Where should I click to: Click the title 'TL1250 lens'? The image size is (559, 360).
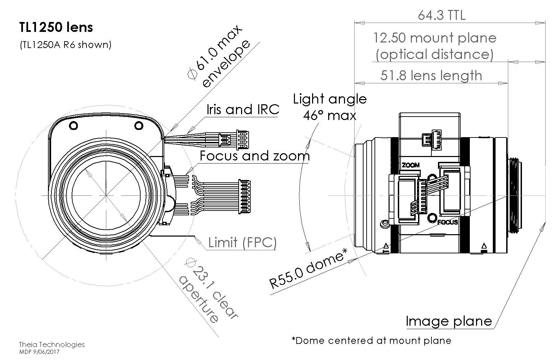coord(56,27)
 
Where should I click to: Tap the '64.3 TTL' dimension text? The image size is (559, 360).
coord(441,15)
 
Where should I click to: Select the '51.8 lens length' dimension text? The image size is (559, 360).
coord(431,75)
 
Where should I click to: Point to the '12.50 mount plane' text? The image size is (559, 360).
coord(435,38)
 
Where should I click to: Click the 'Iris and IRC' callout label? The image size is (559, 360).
coord(242,109)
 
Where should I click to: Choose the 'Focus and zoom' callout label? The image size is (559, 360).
coord(254,156)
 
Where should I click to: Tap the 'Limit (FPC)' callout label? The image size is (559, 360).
coord(242,243)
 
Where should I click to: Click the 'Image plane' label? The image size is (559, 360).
coord(449,321)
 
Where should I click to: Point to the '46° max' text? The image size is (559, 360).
coord(330,115)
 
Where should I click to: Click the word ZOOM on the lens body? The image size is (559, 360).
coord(411,165)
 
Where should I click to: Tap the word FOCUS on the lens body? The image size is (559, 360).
coord(448,222)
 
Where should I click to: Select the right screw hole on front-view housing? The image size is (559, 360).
coord(139,125)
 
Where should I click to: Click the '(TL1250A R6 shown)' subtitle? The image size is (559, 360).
coord(65,45)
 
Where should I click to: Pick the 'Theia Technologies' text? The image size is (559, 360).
coord(51,345)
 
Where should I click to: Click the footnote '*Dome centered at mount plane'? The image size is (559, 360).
coord(371,340)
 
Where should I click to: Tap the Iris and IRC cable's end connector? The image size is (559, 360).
coord(242,140)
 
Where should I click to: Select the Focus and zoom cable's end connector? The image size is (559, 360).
coord(244,196)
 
